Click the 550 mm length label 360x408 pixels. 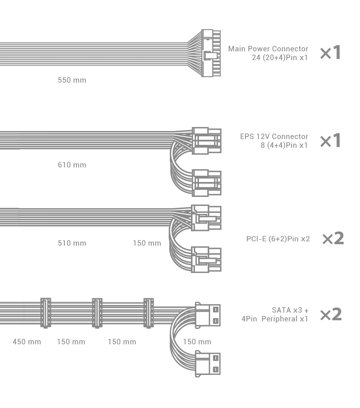[x=72, y=80]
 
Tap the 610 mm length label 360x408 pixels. [x=72, y=165]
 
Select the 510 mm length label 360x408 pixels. [x=72, y=243]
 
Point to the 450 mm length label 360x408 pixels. [x=27, y=342]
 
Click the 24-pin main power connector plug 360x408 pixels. [x=211, y=53]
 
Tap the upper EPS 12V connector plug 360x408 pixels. [x=207, y=141]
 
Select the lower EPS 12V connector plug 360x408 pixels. [x=207, y=183]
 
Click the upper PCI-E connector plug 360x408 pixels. [x=207, y=218]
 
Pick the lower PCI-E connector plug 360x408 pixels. [x=207, y=260]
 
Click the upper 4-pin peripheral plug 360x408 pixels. [x=208, y=314]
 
